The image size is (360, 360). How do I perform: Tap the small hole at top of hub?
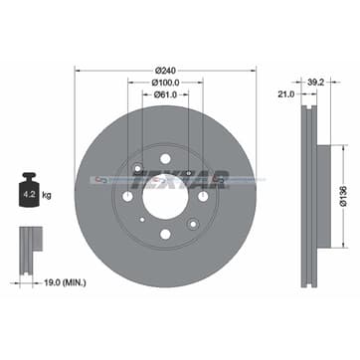(166, 159)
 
